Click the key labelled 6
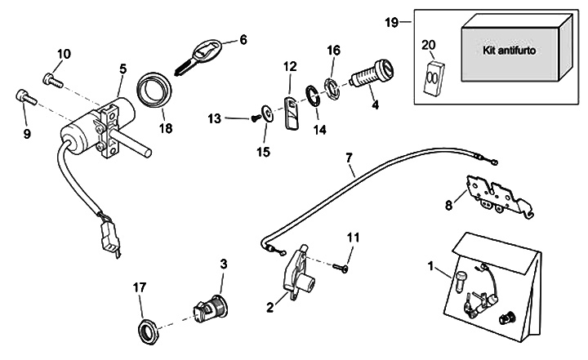click(200, 55)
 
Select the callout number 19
click(391, 21)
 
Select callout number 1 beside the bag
click(431, 265)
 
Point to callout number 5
click(122, 68)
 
